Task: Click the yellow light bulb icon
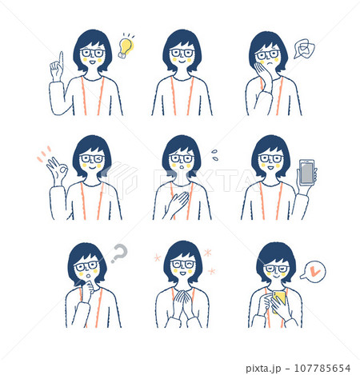tap(126, 46)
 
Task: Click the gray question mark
tap(119, 255)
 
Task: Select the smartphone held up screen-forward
tap(306, 172)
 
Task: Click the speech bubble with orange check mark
tap(314, 273)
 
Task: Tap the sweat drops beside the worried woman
tap(215, 153)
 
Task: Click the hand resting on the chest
tap(177, 201)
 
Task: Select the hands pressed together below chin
tap(183, 303)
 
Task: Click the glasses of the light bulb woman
tap(93, 53)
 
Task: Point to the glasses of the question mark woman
tap(86, 265)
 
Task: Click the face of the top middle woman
tap(182, 56)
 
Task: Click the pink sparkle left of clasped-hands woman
tap(157, 258)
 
